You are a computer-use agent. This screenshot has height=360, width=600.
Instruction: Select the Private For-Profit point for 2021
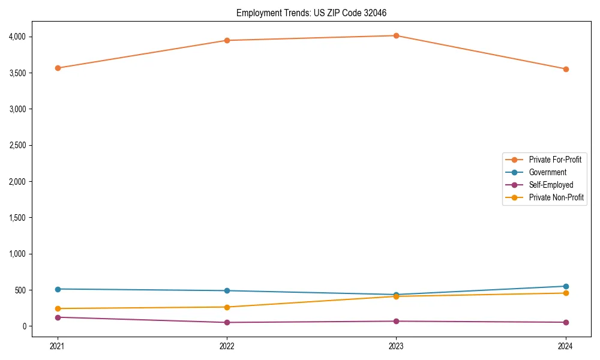(x=58, y=68)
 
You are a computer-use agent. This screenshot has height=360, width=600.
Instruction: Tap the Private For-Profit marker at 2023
(x=396, y=35)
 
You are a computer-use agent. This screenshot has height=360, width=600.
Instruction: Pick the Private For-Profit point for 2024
(x=566, y=69)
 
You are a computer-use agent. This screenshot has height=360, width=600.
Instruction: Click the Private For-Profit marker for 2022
(x=227, y=40)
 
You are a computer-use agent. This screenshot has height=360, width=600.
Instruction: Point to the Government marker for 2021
(x=58, y=289)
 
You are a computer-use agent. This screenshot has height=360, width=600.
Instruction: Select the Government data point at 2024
(x=566, y=286)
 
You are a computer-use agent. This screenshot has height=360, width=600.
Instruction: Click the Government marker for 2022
(x=227, y=290)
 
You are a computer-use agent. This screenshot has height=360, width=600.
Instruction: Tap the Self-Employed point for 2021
(x=58, y=317)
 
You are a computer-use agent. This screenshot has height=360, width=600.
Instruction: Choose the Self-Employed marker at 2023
(x=396, y=321)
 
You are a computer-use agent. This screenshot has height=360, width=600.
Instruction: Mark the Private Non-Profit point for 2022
(x=227, y=307)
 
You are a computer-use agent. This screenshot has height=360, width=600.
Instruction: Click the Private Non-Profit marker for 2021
(x=58, y=308)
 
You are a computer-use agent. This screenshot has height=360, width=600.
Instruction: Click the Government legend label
(x=547, y=172)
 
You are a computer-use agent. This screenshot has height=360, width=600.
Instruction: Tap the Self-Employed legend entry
(x=551, y=185)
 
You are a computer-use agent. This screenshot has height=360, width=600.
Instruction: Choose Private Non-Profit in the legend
(x=556, y=197)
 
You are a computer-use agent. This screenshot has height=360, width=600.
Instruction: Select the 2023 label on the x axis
(x=396, y=346)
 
